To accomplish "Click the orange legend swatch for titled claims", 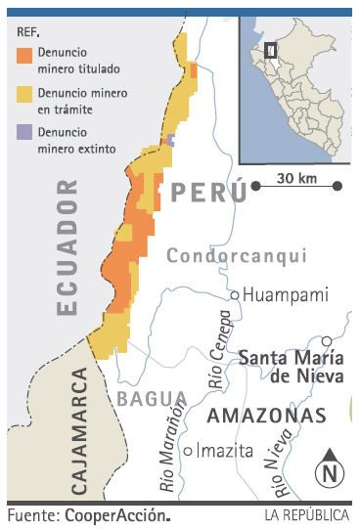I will [24, 55].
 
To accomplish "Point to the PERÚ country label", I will [208, 192].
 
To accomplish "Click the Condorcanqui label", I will [236, 256].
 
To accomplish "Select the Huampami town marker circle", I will [235, 294].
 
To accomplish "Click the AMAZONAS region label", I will [267, 416].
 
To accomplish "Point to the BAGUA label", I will [152, 398].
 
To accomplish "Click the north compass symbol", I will [329, 469].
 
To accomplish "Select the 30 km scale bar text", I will [294, 178].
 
